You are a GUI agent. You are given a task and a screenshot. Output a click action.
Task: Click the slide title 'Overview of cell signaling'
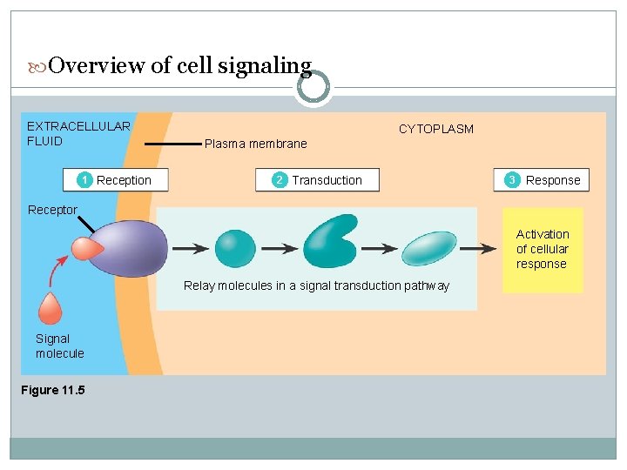click(x=180, y=66)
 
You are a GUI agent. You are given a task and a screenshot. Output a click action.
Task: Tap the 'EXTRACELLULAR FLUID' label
click(x=78, y=133)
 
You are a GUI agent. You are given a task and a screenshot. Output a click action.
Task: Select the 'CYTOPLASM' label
click(x=435, y=129)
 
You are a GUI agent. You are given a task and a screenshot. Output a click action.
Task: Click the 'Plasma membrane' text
click(x=255, y=144)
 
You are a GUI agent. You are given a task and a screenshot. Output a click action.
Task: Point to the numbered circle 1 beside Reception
click(x=84, y=180)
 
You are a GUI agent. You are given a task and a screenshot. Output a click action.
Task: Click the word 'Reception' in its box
click(x=124, y=180)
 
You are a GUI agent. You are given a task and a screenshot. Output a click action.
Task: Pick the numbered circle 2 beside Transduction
click(x=279, y=180)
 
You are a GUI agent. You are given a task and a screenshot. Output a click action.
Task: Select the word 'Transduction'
click(x=327, y=180)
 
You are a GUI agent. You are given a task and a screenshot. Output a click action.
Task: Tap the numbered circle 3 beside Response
click(x=512, y=180)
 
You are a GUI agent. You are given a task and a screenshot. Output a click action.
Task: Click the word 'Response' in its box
click(x=552, y=180)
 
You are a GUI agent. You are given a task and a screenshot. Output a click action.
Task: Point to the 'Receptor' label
click(x=52, y=210)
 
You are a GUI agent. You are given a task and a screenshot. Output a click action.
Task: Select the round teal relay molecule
click(x=235, y=248)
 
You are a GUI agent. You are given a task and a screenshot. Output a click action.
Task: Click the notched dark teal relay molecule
click(x=330, y=241)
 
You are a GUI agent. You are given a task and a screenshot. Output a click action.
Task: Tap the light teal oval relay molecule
click(x=429, y=248)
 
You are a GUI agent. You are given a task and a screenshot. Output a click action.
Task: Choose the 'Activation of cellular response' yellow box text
click(x=542, y=249)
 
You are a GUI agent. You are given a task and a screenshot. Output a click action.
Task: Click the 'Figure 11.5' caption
click(x=53, y=390)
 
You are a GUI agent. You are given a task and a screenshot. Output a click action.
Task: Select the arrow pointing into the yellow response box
click(x=479, y=248)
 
